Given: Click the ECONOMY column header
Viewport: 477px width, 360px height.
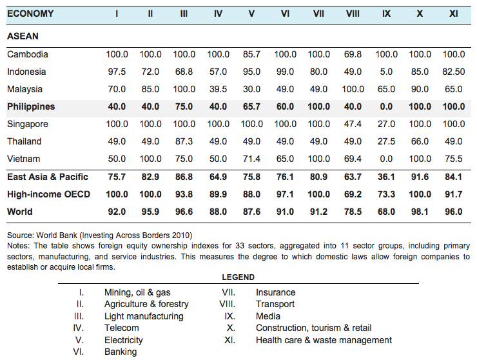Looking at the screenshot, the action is tap(30, 14).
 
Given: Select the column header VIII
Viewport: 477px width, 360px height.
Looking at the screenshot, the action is tap(353, 14).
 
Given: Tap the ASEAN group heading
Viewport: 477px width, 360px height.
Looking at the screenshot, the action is tap(23, 36).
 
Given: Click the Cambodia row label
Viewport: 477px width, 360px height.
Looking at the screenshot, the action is tap(28, 54).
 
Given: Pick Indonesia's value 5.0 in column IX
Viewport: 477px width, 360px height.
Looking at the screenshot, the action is tap(386, 72).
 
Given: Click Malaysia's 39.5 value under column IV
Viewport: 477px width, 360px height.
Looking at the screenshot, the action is tap(218, 89).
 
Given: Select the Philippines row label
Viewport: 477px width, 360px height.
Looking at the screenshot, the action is tap(31, 106).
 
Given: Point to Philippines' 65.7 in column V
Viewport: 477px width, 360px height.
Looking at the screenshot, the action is tap(251, 106).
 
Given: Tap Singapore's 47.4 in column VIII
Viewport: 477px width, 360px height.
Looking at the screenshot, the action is tap(353, 124).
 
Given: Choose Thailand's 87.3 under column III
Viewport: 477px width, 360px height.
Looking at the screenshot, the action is tap(184, 141).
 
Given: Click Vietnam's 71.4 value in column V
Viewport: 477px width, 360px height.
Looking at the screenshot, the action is tap(251, 159).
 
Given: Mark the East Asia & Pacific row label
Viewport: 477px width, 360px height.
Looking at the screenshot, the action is tap(48, 177).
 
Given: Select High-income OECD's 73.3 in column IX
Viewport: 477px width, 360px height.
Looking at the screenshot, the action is tap(386, 194).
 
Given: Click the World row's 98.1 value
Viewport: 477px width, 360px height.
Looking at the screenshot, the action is tap(420, 212).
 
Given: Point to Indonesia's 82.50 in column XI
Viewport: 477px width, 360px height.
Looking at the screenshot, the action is tap(454, 72).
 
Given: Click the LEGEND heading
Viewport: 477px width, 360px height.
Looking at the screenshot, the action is tap(238, 277).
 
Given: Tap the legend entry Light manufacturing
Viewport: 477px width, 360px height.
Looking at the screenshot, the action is tap(144, 316).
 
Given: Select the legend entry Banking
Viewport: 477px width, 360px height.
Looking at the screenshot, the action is tap(121, 352).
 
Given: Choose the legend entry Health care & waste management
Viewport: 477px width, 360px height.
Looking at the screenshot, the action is tap(324, 340).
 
